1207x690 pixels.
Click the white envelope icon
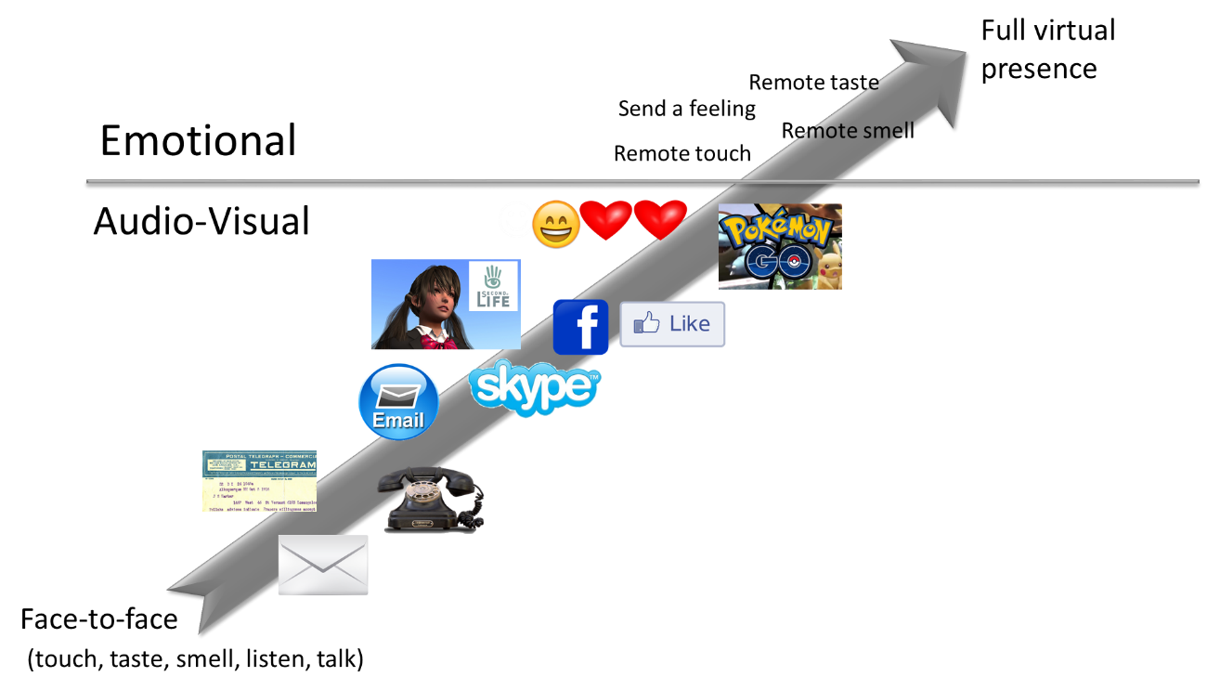pos(323,565)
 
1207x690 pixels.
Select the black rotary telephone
pos(433,501)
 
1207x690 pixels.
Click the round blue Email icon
pos(398,400)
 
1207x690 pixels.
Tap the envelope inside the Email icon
pos(398,397)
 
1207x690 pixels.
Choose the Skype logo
pos(535,387)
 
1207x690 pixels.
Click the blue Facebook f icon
pos(580,327)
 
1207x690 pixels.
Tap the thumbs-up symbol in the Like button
pos(646,323)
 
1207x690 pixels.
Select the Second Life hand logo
pos(493,278)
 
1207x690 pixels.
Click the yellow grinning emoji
pos(556,224)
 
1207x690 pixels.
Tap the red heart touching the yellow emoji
pos(605,220)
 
